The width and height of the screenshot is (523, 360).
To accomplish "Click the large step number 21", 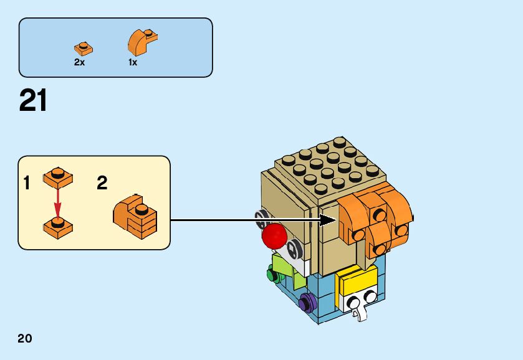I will click(x=33, y=101).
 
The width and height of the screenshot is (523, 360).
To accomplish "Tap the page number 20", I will click(x=25, y=339).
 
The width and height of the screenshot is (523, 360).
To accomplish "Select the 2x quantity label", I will click(x=79, y=63).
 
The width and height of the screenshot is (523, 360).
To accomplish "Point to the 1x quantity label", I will click(x=133, y=63).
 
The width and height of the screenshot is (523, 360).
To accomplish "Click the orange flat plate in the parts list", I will click(x=83, y=48).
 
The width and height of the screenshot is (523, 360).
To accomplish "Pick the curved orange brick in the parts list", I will click(x=141, y=42).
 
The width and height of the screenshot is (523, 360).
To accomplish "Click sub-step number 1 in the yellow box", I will click(x=27, y=183).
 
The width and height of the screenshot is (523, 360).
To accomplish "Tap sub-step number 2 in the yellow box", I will click(x=102, y=183).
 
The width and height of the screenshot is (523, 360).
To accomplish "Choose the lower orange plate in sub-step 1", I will click(x=58, y=227).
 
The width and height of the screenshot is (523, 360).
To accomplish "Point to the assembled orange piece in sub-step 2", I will click(x=135, y=215).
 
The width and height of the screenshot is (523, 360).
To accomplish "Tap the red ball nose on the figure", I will click(x=274, y=235).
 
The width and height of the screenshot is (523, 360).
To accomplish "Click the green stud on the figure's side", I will click(x=271, y=273).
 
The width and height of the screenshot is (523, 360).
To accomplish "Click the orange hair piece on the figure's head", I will click(x=374, y=218).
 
